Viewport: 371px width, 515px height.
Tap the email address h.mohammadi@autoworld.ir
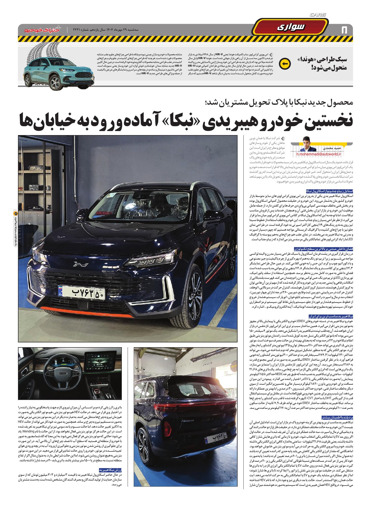pos(319,154)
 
